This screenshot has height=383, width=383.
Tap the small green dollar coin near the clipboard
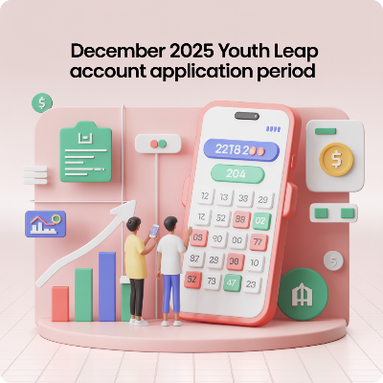coord(42,102)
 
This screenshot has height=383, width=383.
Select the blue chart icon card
coord(43,225)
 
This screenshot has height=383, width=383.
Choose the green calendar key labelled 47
coord(231,282)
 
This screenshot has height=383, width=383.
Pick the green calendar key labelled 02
coord(260,219)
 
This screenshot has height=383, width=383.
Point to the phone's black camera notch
coord(246,116)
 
